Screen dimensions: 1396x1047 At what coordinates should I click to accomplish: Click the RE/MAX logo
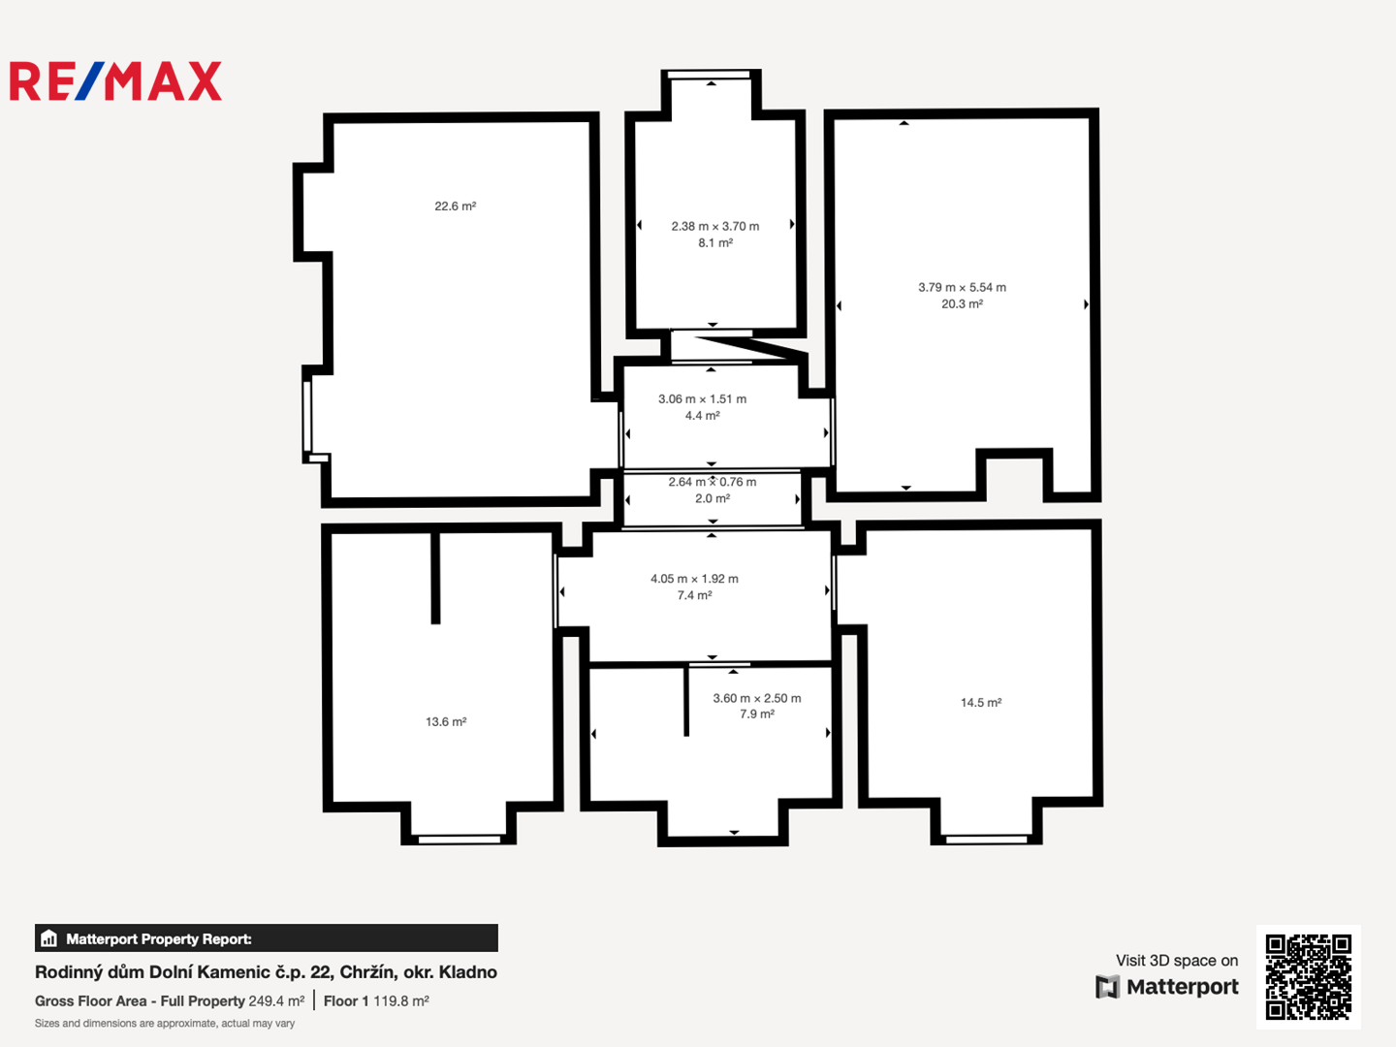pyautogui.click(x=115, y=80)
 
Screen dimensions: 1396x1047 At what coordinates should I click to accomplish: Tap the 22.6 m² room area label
pyautogui.click(x=456, y=206)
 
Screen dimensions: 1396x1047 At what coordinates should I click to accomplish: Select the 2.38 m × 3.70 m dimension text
pyautogui.click(x=714, y=226)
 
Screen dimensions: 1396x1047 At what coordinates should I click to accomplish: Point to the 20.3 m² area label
pyautogui.click(x=962, y=303)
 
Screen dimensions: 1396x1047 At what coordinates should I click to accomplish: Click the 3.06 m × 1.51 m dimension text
pyautogui.click(x=702, y=399)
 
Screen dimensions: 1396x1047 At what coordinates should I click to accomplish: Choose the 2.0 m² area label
pyautogui.click(x=713, y=498)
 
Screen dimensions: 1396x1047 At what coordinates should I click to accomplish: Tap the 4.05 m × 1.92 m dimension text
pyautogui.click(x=694, y=579)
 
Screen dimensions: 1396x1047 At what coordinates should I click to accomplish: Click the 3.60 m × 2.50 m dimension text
pyautogui.click(x=757, y=698)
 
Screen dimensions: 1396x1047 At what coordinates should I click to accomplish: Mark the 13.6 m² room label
pyautogui.click(x=446, y=721)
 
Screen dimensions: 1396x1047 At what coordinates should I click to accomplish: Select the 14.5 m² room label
pyautogui.click(x=981, y=703)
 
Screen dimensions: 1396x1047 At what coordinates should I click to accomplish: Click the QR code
pyautogui.click(x=1308, y=977)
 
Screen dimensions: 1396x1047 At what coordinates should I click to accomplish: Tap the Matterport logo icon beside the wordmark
pyautogui.click(x=1107, y=987)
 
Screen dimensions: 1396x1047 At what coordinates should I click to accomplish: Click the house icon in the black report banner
pyautogui.click(x=49, y=938)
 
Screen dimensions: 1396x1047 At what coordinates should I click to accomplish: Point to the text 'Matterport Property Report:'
pyautogui.click(x=159, y=939)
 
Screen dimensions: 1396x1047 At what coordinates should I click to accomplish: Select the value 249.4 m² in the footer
pyautogui.click(x=276, y=1001)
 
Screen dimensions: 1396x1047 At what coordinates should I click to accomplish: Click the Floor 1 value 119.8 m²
pyautogui.click(x=401, y=1001)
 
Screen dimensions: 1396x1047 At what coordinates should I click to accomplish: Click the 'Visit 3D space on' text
pyautogui.click(x=1177, y=961)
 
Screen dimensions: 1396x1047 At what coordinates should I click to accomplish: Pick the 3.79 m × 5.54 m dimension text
pyautogui.click(x=962, y=287)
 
